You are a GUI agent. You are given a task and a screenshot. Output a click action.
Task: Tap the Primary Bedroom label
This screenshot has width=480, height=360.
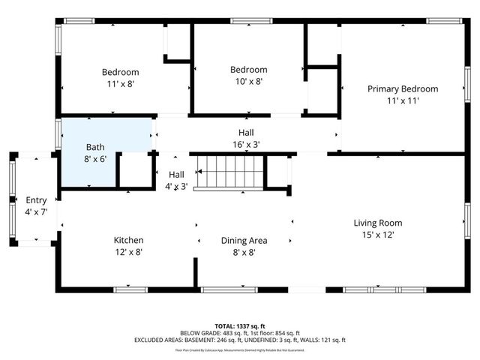pos(402,88)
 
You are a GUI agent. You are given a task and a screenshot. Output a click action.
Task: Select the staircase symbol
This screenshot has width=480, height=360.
pos(228,172)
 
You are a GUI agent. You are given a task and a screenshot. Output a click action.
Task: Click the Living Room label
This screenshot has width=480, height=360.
pos(378,223)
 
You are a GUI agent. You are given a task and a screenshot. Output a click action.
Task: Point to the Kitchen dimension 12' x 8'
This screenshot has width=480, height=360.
pos(128,252)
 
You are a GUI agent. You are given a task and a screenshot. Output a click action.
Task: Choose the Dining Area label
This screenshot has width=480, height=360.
pos(244,241)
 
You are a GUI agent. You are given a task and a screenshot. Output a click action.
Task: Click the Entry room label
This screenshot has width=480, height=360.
pos(36,200)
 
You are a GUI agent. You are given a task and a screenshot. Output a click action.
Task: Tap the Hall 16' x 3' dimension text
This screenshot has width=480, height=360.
pos(246,144)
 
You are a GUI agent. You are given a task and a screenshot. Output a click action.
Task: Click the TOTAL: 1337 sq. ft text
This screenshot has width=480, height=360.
pos(240,326)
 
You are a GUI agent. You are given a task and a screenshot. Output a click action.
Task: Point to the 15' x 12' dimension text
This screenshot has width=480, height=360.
pos(378,235)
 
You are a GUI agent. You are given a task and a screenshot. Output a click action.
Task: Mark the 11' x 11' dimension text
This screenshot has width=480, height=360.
pos(402,100)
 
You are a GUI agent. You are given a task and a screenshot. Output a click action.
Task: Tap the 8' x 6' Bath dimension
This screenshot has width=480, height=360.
pos(96,159)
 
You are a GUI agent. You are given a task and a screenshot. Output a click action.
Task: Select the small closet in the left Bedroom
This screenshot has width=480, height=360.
pos(178,43)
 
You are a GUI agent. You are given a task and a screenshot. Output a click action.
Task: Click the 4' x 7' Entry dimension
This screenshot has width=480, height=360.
pos(36,212)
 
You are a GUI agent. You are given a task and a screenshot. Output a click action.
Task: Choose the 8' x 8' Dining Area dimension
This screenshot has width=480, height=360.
pos(244,253)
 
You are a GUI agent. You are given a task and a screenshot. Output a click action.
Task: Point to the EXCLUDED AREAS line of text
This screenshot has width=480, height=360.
pos(240,340)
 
